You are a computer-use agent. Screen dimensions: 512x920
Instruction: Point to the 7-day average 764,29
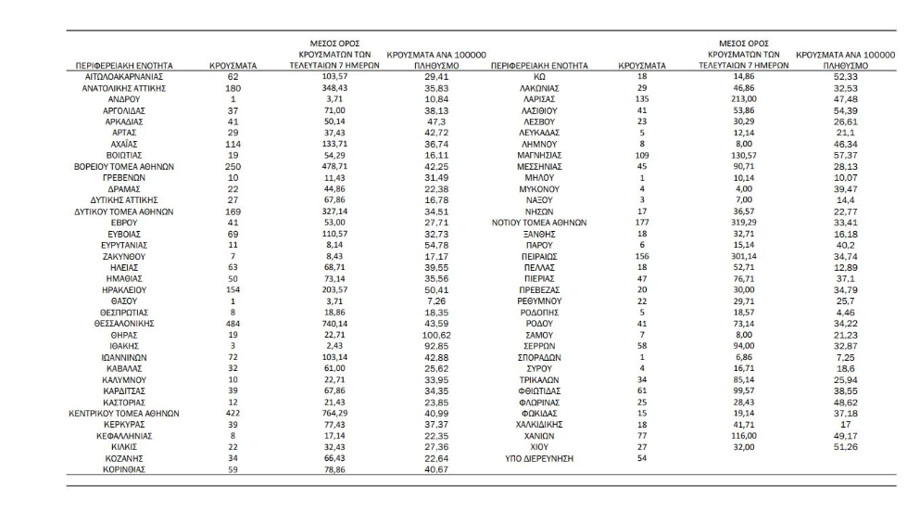click(x=317, y=413)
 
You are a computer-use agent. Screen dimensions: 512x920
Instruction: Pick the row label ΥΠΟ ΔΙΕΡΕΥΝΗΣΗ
click(x=536, y=456)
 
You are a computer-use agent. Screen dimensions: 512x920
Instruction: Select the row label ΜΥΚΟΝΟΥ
click(x=536, y=189)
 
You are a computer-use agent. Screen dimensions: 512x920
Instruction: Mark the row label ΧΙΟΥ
click(x=536, y=445)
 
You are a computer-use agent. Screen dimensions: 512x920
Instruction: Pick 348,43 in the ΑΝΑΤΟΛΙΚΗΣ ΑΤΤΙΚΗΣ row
click(x=317, y=88)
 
